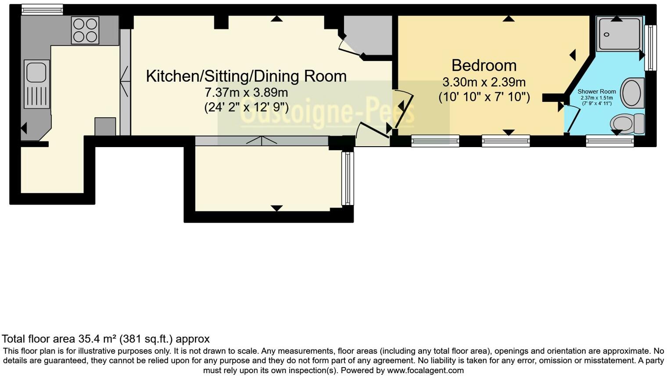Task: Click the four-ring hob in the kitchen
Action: click(x=85, y=30)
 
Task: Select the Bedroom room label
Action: click(x=484, y=65)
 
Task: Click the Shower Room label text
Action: click(x=596, y=92)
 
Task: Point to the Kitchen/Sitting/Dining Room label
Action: click(x=246, y=76)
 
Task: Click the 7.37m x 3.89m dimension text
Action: click(x=246, y=93)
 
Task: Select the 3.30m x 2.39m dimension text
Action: click(x=484, y=82)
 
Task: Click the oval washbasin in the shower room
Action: click(x=632, y=93)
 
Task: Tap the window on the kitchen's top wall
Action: click(x=42, y=9)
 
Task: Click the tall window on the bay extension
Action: click(x=347, y=178)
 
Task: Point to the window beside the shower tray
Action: click(x=650, y=48)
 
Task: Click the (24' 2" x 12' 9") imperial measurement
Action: click(x=246, y=107)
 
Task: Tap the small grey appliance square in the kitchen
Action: click(x=105, y=126)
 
